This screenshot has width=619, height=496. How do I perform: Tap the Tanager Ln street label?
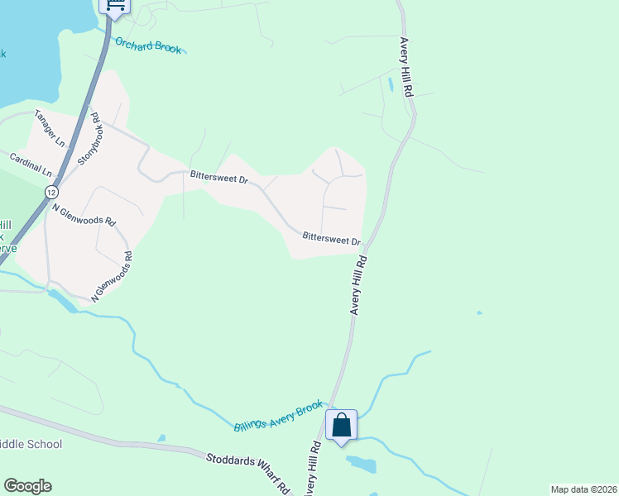point(49,129)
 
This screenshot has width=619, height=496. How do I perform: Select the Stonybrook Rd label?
point(90,138)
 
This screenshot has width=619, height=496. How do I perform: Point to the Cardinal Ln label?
point(31,164)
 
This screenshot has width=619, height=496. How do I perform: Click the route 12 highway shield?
point(51,192)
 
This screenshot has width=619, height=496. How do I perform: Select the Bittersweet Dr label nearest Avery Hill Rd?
point(331,238)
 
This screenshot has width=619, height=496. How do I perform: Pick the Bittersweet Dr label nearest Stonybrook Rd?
point(218,177)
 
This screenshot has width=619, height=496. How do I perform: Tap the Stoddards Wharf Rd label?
point(247,468)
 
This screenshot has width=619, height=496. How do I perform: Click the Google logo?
point(27,486)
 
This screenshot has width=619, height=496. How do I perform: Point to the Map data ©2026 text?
point(583,489)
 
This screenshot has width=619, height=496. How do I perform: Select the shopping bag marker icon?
point(341,427)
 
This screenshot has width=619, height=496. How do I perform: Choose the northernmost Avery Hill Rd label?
point(405,68)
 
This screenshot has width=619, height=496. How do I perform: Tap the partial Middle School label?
point(31,444)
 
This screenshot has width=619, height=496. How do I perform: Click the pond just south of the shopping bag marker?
point(361,464)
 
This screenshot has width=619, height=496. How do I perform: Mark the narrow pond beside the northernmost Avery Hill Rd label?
point(390,84)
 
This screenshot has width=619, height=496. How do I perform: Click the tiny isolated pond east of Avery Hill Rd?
point(479,312)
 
